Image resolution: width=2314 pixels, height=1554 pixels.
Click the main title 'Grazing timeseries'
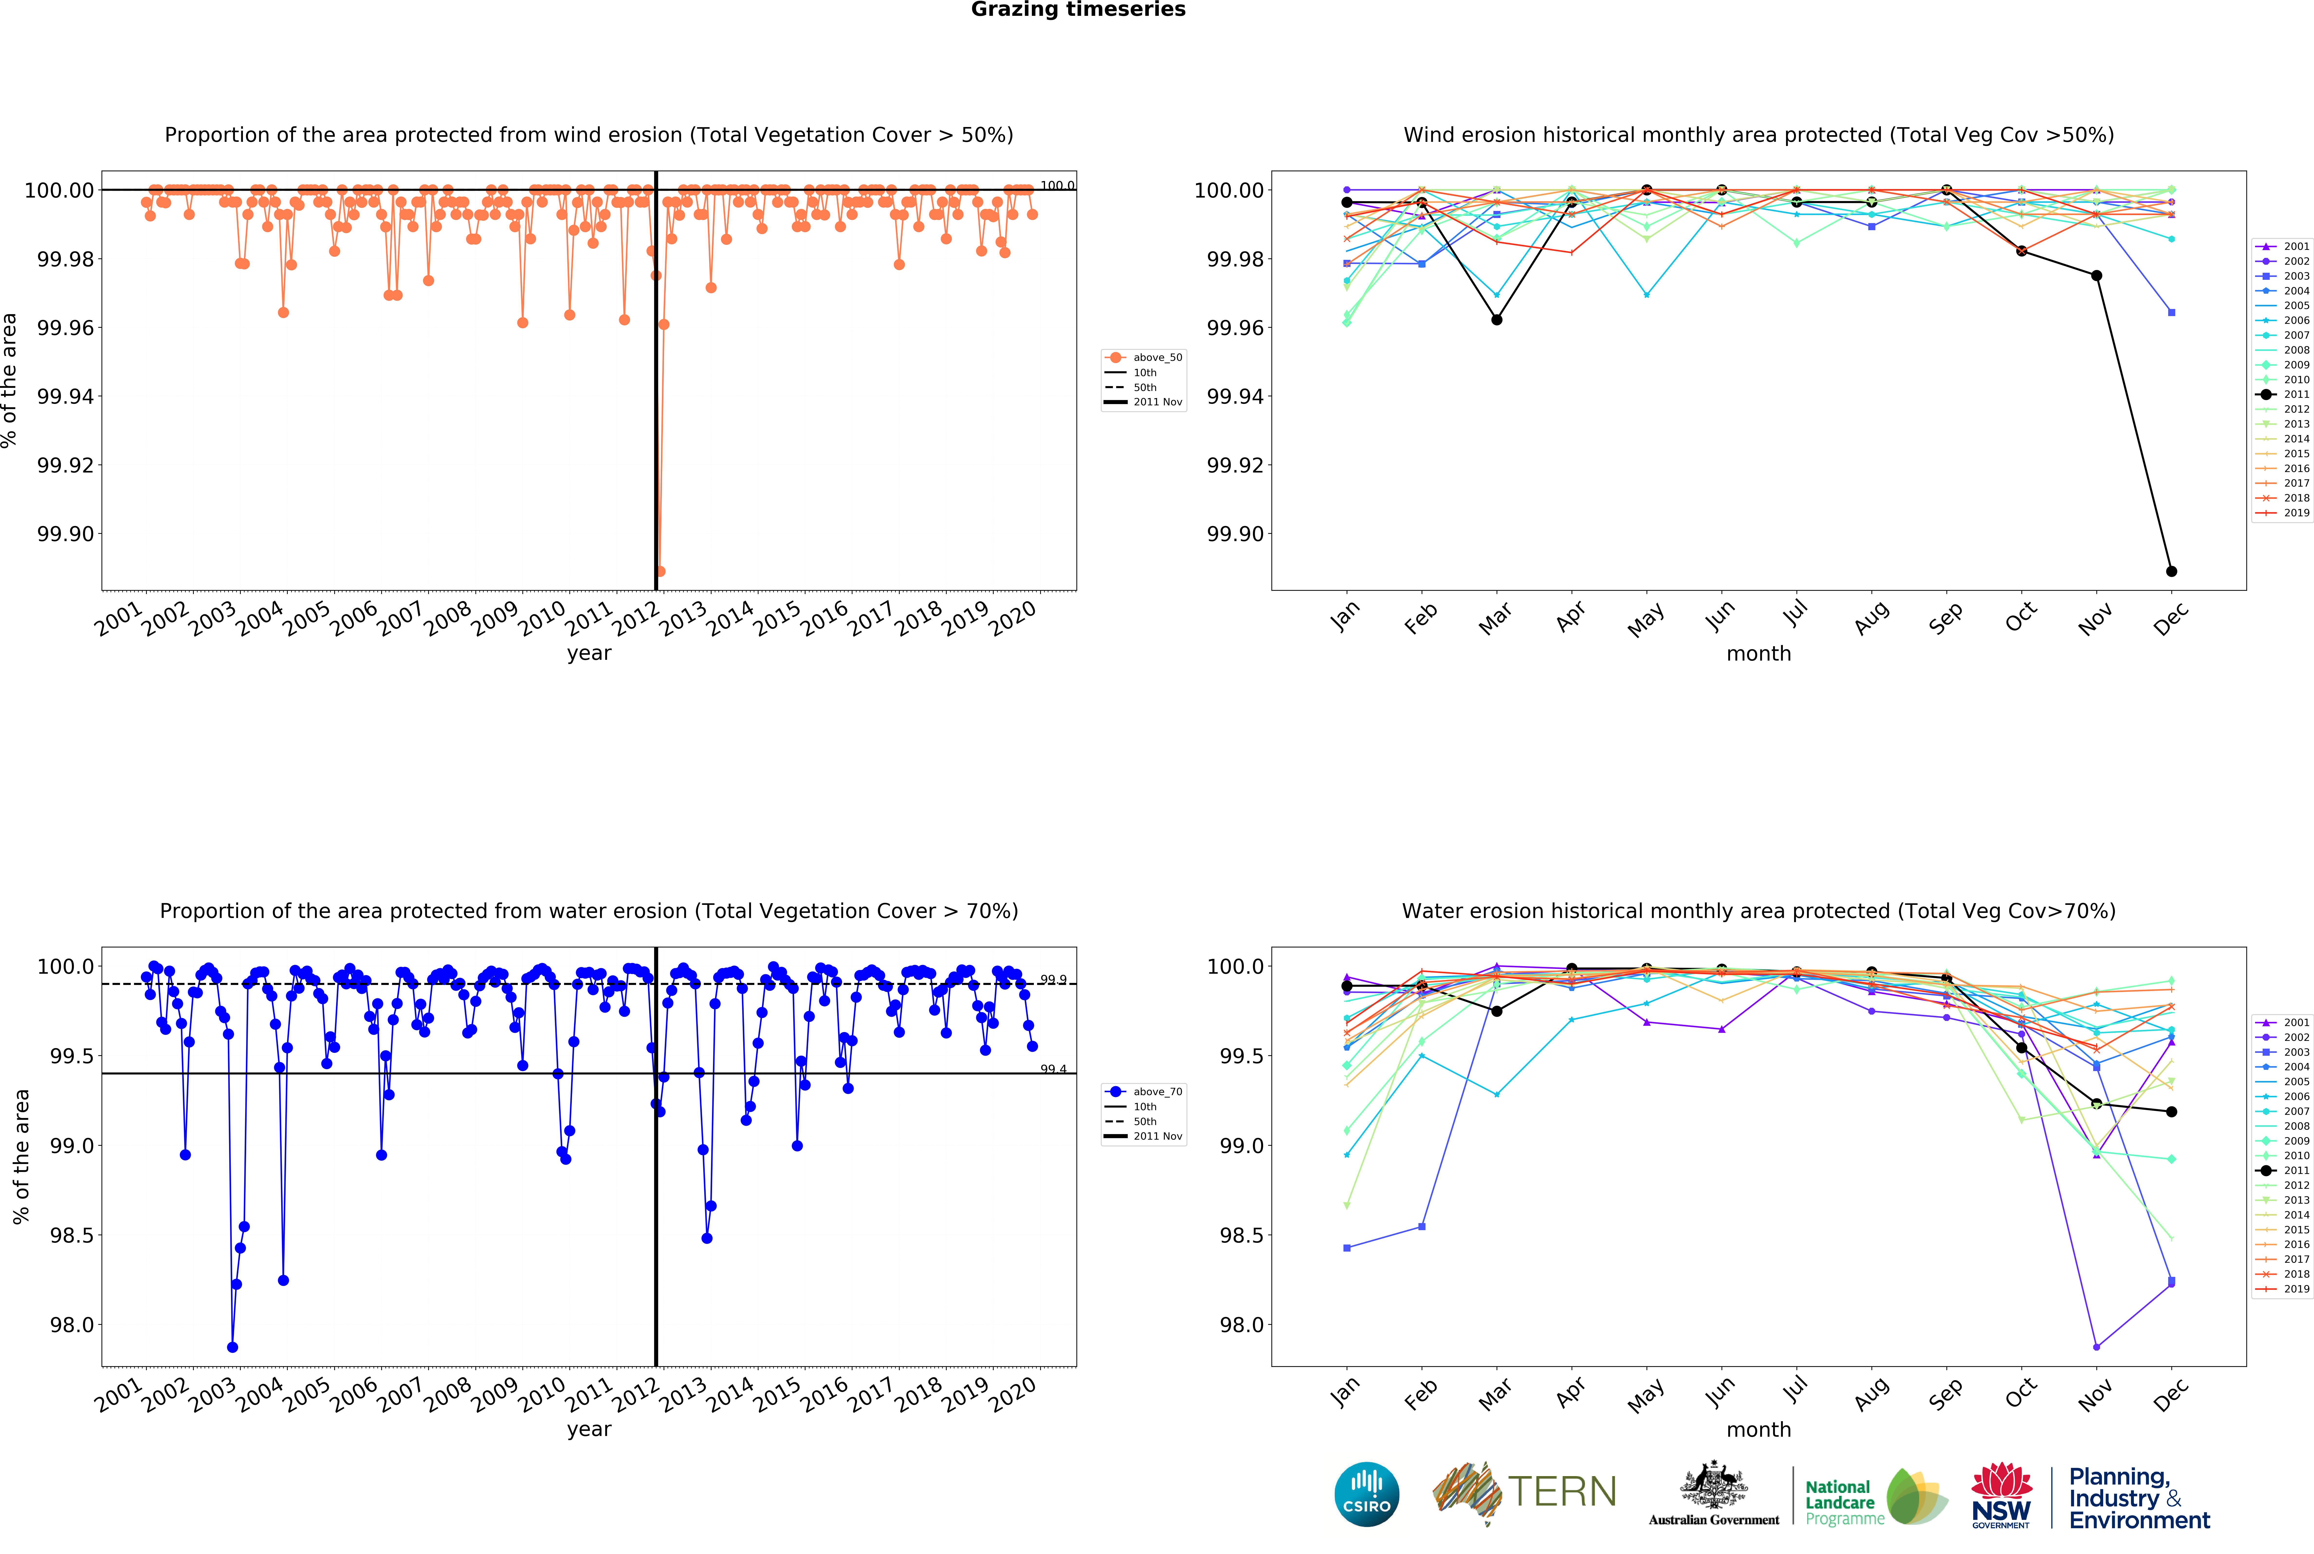point(1078,10)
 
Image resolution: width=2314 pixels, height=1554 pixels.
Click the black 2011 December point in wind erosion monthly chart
point(2171,571)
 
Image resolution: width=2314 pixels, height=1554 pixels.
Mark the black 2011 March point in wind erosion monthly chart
point(1496,319)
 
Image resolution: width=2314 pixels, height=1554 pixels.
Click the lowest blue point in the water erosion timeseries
point(232,1347)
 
